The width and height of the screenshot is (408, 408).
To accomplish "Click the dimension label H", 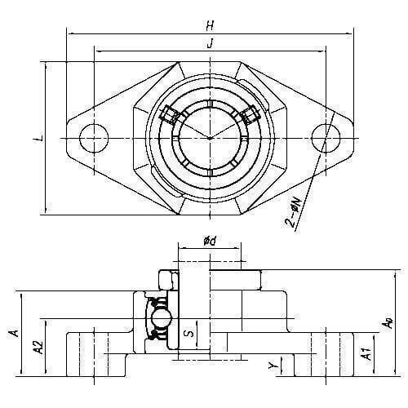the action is coord(210,26).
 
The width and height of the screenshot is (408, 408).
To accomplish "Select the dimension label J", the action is coord(210,43).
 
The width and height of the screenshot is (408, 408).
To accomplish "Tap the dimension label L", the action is coord(38,138).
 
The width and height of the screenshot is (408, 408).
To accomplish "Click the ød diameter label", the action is coord(210,241).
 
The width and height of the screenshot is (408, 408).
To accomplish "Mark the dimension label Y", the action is coord(273,366).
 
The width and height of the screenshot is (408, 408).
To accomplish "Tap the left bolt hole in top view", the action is coord(94,138).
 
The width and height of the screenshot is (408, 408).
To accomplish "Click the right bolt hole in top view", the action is coord(326,138).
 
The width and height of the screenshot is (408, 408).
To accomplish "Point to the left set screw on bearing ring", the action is coord(169,115).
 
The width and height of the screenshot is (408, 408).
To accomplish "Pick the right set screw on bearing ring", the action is coord(250,115).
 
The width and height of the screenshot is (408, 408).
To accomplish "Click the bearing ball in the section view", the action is coord(162,318).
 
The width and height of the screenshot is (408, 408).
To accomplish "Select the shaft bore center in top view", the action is coord(210,138).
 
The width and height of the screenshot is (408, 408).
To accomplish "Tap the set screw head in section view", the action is coord(166,281).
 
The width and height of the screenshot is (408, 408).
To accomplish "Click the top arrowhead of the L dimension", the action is coord(46,66).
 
